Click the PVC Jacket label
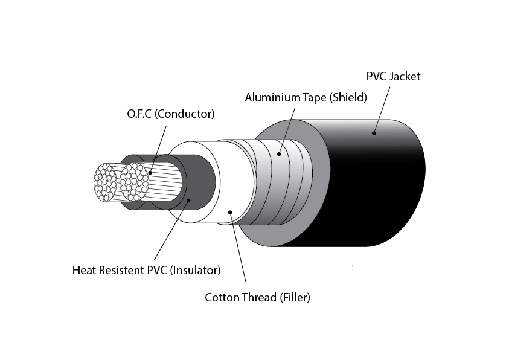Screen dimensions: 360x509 (x=393, y=77)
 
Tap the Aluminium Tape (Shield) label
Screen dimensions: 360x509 (x=306, y=97)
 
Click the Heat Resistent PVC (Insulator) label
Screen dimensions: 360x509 (x=146, y=269)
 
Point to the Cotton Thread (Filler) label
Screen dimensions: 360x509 (x=257, y=297)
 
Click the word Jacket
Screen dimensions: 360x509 (x=405, y=77)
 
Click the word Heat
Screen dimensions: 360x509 (x=83, y=269)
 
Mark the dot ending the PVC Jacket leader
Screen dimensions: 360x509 (x=374, y=132)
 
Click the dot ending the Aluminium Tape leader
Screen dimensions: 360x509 (x=279, y=154)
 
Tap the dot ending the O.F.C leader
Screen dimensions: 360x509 (x=149, y=173)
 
